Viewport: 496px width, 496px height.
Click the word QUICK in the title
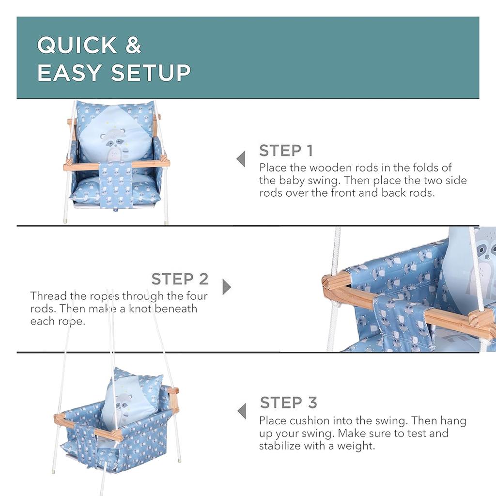click(x=77, y=45)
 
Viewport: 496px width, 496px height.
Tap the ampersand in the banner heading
click(x=133, y=45)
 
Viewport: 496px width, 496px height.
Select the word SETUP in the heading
click(x=151, y=73)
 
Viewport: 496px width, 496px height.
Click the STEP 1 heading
click(x=286, y=151)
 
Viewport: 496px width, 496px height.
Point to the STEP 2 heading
click(x=180, y=279)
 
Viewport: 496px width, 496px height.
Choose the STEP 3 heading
click(x=289, y=403)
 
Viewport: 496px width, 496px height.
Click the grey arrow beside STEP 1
click(x=241, y=159)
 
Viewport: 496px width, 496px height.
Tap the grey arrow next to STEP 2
click(x=227, y=287)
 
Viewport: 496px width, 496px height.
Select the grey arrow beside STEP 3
click(x=242, y=411)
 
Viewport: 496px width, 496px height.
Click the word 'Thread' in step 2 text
click(x=49, y=296)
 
